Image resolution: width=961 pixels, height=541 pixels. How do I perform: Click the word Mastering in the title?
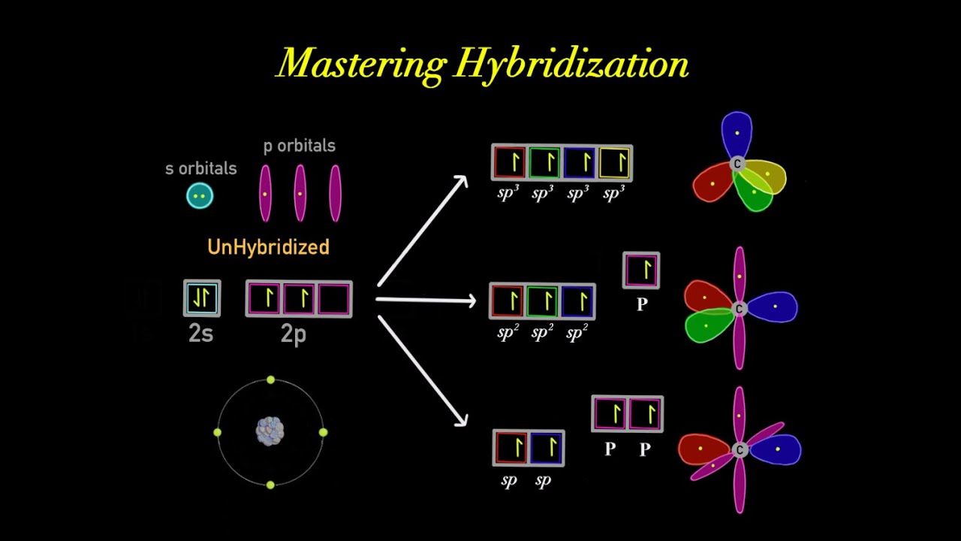[360, 64]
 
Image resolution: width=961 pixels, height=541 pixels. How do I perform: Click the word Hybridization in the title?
[571, 64]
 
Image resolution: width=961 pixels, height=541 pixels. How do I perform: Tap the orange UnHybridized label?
[268, 247]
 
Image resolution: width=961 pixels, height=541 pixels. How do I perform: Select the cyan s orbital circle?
[200, 196]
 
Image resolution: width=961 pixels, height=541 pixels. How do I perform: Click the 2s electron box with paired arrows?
[202, 298]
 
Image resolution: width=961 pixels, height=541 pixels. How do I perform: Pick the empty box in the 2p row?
[334, 299]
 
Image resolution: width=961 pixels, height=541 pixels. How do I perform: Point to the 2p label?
[294, 334]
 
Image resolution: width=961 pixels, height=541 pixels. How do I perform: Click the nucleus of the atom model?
[270, 431]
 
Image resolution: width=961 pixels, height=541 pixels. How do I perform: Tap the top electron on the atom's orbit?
[270, 380]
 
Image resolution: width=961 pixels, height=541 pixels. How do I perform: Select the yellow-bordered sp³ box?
[614, 162]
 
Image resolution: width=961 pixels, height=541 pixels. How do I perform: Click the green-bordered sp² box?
[542, 301]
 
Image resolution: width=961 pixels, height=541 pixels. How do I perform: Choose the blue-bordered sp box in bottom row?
[547, 449]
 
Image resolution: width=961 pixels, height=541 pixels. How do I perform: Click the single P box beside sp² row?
[641, 270]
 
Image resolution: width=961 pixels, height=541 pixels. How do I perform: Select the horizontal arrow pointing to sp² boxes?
[426, 301]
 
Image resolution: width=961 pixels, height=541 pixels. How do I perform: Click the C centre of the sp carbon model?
[740, 449]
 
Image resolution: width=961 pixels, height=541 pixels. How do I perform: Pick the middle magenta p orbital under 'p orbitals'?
[300, 193]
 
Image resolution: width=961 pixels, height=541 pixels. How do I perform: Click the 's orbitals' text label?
[200, 168]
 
